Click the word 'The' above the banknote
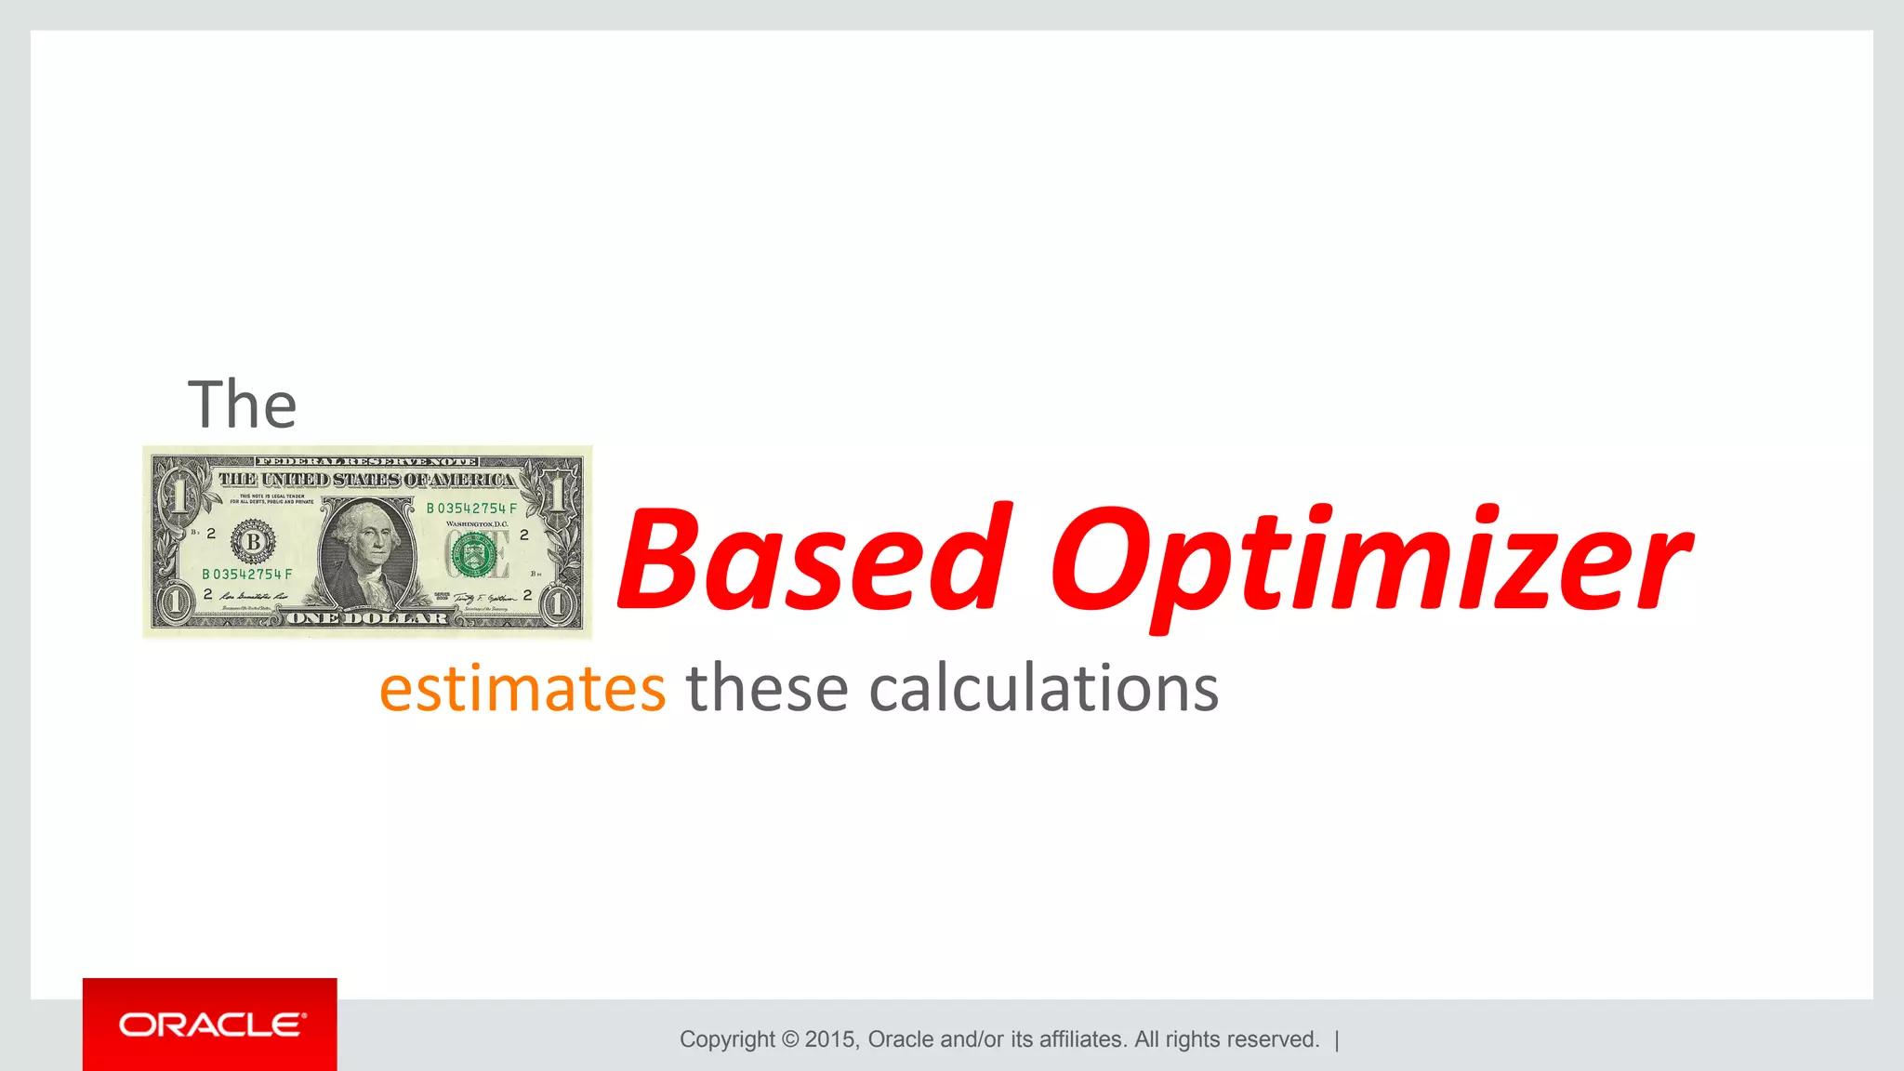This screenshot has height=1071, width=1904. pyautogui.click(x=242, y=405)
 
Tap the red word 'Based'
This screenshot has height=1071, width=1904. pyautogui.click(x=813, y=559)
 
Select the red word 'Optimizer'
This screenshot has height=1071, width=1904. pyautogui.click(x=1368, y=563)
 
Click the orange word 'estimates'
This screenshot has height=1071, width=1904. pyautogui.click(x=522, y=689)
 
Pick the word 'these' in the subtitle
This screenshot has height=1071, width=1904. pyautogui.click(x=767, y=689)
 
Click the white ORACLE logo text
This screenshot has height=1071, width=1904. pyautogui.click(x=212, y=1025)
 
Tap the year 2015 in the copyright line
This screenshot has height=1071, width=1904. pyautogui.click(x=831, y=1039)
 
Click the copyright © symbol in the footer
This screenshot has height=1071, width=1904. pyautogui.click(x=790, y=1039)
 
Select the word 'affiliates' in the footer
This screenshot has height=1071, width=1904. pyautogui.click(x=1081, y=1039)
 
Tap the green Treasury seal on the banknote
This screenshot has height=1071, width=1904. pyautogui.click(x=473, y=555)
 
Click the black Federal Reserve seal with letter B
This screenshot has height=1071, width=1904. pyautogui.click(x=253, y=542)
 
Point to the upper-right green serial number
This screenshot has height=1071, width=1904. pyautogui.click(x=471, y=509)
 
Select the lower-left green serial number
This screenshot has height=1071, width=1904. pyautogui.click(x=247, y=575)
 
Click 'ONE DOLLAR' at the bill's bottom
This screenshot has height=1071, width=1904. pyautogui.click(x=367, y=618)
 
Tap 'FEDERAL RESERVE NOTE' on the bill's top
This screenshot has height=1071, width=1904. pyautogui.click(x=367, y=461)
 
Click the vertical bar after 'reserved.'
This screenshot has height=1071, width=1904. pyautogui.click(x=1337, y=1039)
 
